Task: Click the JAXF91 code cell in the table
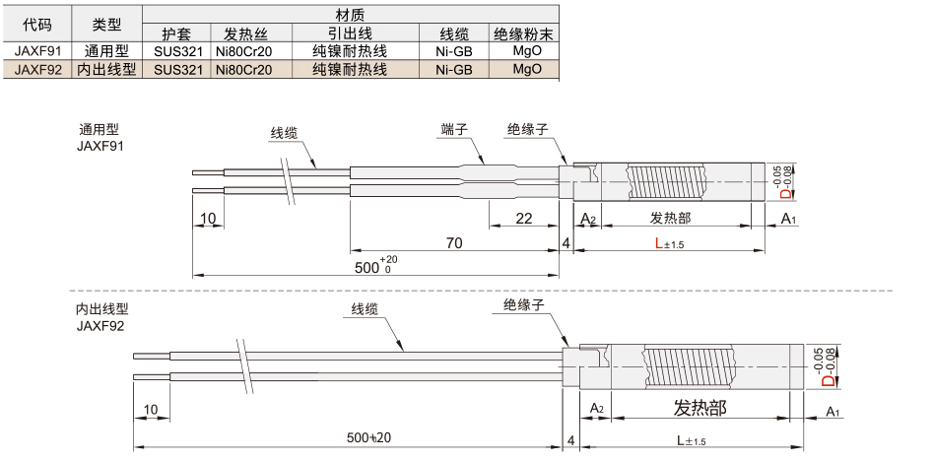tap(37, 51)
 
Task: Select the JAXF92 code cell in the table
tap(37, 70)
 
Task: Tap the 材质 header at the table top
tap(351, 14)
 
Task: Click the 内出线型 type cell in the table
tap(107, 70)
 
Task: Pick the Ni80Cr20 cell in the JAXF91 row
tap(244, 51)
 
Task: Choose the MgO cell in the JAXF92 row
tap(527, 69)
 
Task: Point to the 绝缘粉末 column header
tap(523, 33)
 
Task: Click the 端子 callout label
tap(454, 129)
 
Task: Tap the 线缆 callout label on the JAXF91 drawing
tap(284, 133)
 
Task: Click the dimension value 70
tap(453, 242)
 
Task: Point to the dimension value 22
tap(523, 219)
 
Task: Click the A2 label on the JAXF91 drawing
tap(588, 219)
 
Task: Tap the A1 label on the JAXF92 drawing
tap(833, 412)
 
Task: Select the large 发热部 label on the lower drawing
tap(700, 408)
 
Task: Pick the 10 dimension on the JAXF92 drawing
tap(151, 409)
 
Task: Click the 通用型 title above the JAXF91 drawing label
tap(99, 130)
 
